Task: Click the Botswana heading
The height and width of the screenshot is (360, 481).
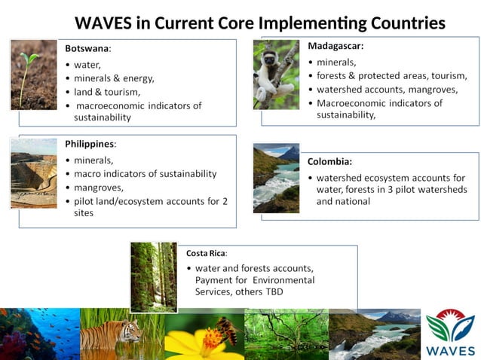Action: coord(87,48)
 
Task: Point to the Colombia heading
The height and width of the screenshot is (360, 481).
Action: coord(329,161)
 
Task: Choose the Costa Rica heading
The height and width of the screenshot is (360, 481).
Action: coord(206,253)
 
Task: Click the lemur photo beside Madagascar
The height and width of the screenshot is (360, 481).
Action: coord(275,75)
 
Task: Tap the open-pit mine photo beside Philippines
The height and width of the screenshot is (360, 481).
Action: coord(33,172)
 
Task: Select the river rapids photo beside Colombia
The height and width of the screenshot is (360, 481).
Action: coord(276,178)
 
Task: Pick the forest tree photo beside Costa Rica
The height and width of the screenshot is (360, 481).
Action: coord(154,276)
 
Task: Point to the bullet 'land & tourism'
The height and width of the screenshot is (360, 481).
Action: coord(102,92)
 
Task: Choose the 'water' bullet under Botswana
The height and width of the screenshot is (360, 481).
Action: coord(87,65)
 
